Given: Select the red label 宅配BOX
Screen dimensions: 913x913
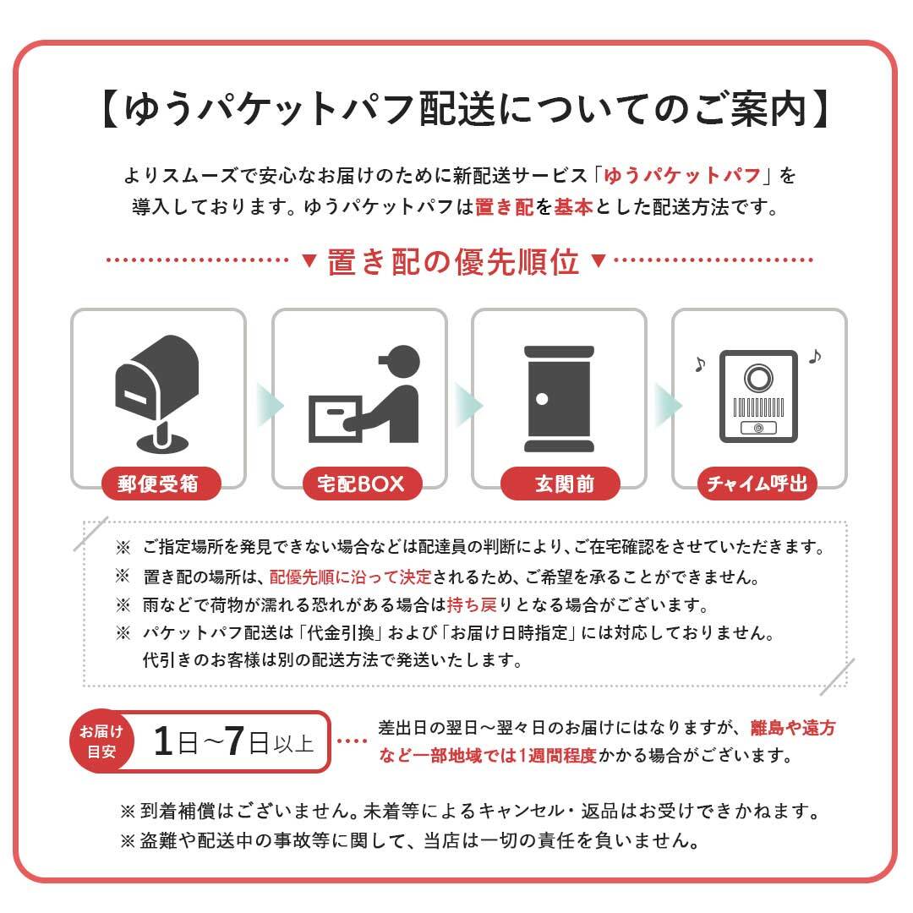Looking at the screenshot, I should [359, 484].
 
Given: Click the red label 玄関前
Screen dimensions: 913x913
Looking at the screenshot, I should [560, 484].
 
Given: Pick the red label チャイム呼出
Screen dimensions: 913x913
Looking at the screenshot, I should [757, 484].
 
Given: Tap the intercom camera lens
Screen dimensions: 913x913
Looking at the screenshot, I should [758, 374].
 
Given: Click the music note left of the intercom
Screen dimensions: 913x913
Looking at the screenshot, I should [698, 364].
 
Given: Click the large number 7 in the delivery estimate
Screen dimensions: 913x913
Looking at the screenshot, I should [236, 741].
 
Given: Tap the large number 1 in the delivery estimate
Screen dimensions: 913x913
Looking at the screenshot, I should [164, 741].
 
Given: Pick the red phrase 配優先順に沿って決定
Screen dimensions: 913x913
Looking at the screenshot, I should [350, 578].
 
